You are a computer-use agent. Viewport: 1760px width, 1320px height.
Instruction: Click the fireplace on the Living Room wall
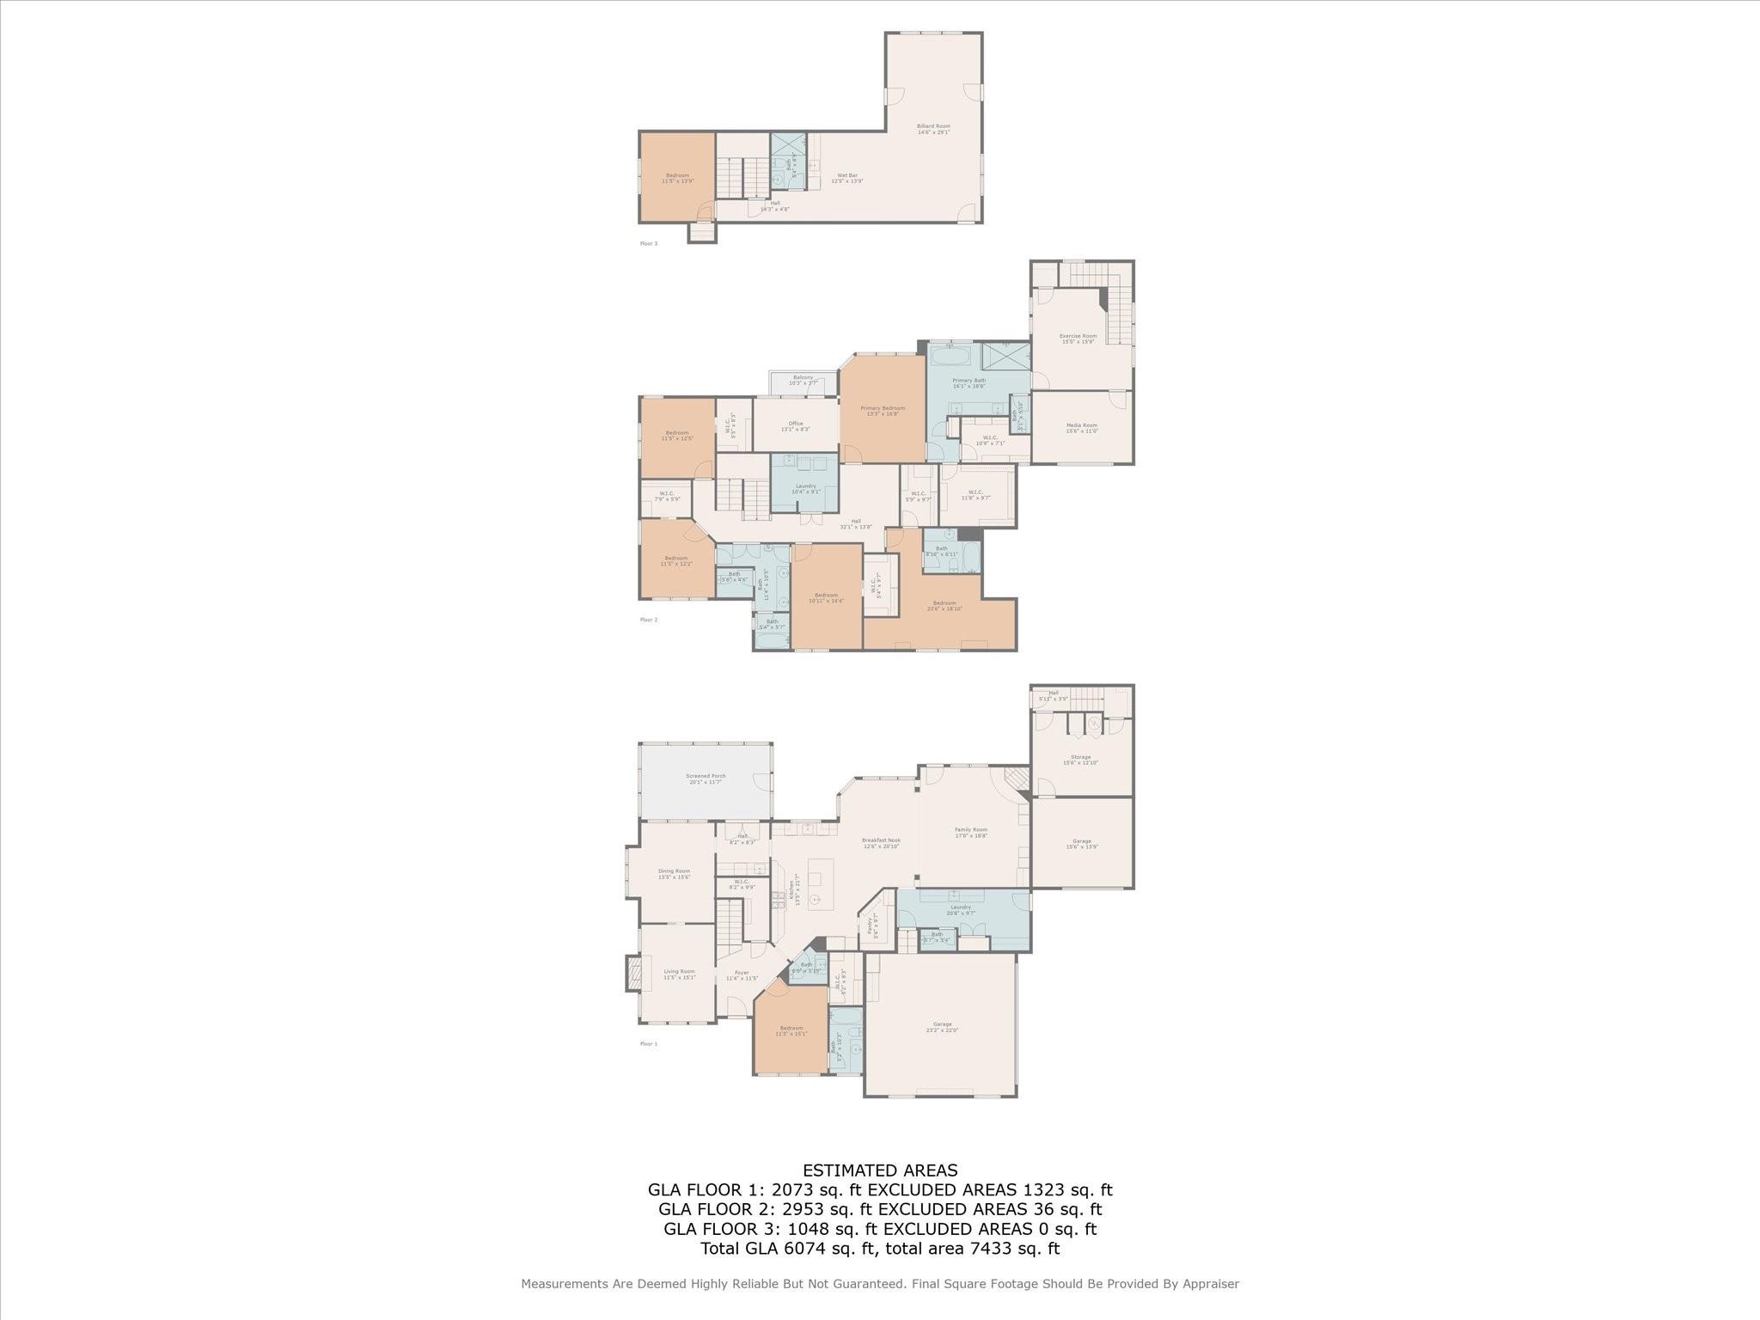click(633, 975)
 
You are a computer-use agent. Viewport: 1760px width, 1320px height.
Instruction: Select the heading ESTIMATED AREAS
click(880, 1170)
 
